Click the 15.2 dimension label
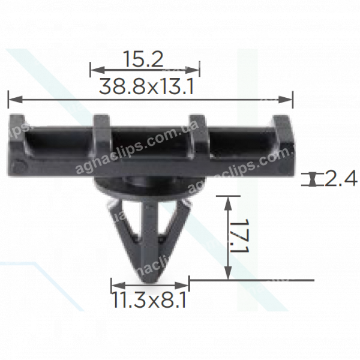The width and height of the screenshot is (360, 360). point(144,60)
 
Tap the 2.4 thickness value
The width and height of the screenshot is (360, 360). point(342,178)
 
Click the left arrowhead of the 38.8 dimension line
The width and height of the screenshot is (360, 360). point(10,98)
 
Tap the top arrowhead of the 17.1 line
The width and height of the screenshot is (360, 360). point(227,199)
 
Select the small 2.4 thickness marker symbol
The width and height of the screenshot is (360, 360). point(313,179)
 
